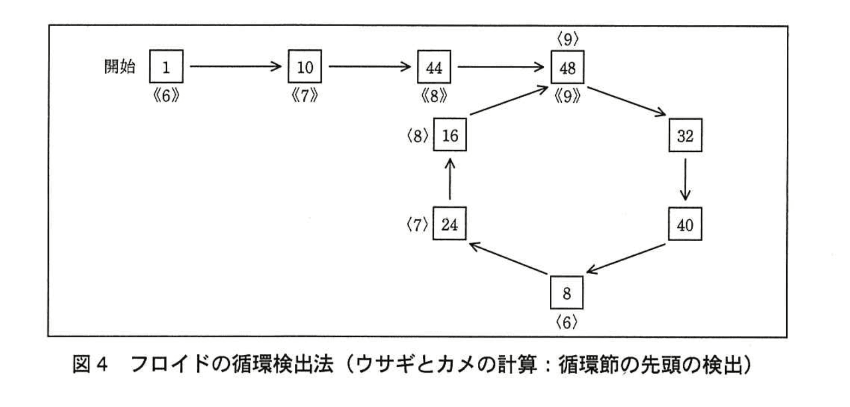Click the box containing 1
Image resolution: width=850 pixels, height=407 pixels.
tap(166, 66)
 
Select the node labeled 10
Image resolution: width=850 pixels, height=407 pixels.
tap(305, 66)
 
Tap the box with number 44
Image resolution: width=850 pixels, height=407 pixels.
tap(434, 66)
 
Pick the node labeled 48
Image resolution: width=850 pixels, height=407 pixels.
tap(567, 66)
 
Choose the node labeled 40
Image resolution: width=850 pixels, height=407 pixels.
tap(685, 224)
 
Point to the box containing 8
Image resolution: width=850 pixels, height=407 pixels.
tap(567, 292)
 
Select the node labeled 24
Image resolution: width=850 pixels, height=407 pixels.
tap(450, 224)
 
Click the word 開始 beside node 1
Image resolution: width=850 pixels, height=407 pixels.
tap(119, 66)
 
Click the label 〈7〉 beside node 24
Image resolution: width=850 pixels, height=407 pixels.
tap(418, 224)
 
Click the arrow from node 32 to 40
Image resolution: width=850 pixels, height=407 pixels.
tap(685, 179)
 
